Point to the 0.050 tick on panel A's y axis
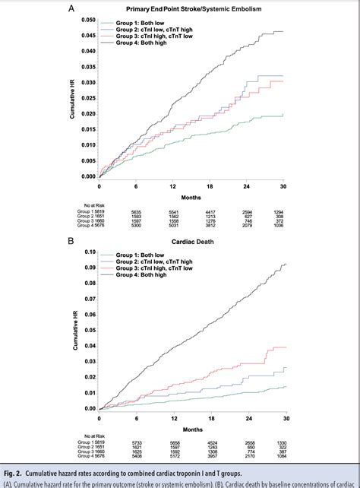pyautogui.click(x=89, y=20)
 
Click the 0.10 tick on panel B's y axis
pyautogui.click(x=90, y=252)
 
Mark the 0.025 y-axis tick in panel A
pyautogui.click(x=89, y=98)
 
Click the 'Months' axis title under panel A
pyautogui.click(x=191, y=195)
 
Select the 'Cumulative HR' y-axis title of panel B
pyautogui.click(x=74, y=330)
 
